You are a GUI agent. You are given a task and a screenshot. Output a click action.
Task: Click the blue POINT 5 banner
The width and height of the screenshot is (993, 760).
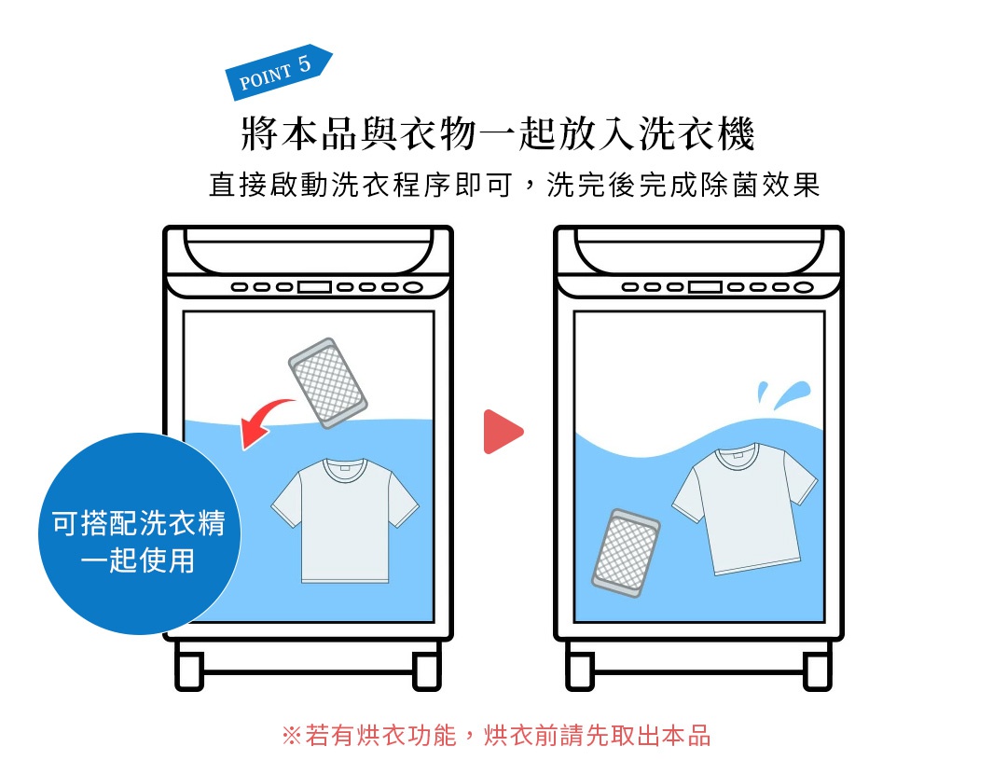click(x=278, y=72)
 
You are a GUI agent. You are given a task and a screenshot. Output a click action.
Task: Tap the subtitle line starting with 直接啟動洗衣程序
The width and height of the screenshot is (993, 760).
click(x=514, y=185)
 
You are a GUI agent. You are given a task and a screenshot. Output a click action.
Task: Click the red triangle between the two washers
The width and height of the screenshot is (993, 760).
click(x=502, y=432)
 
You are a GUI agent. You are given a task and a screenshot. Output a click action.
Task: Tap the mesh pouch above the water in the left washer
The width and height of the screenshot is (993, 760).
click(x=327, y=383)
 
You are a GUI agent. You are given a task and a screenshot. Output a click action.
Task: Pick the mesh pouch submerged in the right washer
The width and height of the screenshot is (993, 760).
click(x=625, y=553)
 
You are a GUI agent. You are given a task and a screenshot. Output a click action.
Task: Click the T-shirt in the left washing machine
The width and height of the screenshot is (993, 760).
click(x=344, y=518)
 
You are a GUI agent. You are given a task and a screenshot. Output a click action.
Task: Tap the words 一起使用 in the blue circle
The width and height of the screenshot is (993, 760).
click(x=137, y=560)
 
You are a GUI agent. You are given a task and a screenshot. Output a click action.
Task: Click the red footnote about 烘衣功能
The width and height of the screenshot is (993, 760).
click(x=496, y=735)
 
